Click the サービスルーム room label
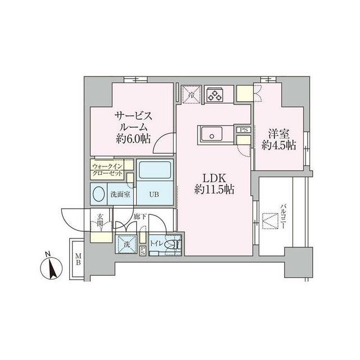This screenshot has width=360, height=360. click(x=133, y=128)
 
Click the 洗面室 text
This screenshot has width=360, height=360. click(x=120, y=195)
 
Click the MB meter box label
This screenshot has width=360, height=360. click(x=78, y=259)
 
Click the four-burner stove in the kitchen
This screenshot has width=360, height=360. click(x=214, y=94)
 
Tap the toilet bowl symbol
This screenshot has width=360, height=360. click(x=175, y=244)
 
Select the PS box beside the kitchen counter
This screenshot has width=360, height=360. click(x=244, y=130)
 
